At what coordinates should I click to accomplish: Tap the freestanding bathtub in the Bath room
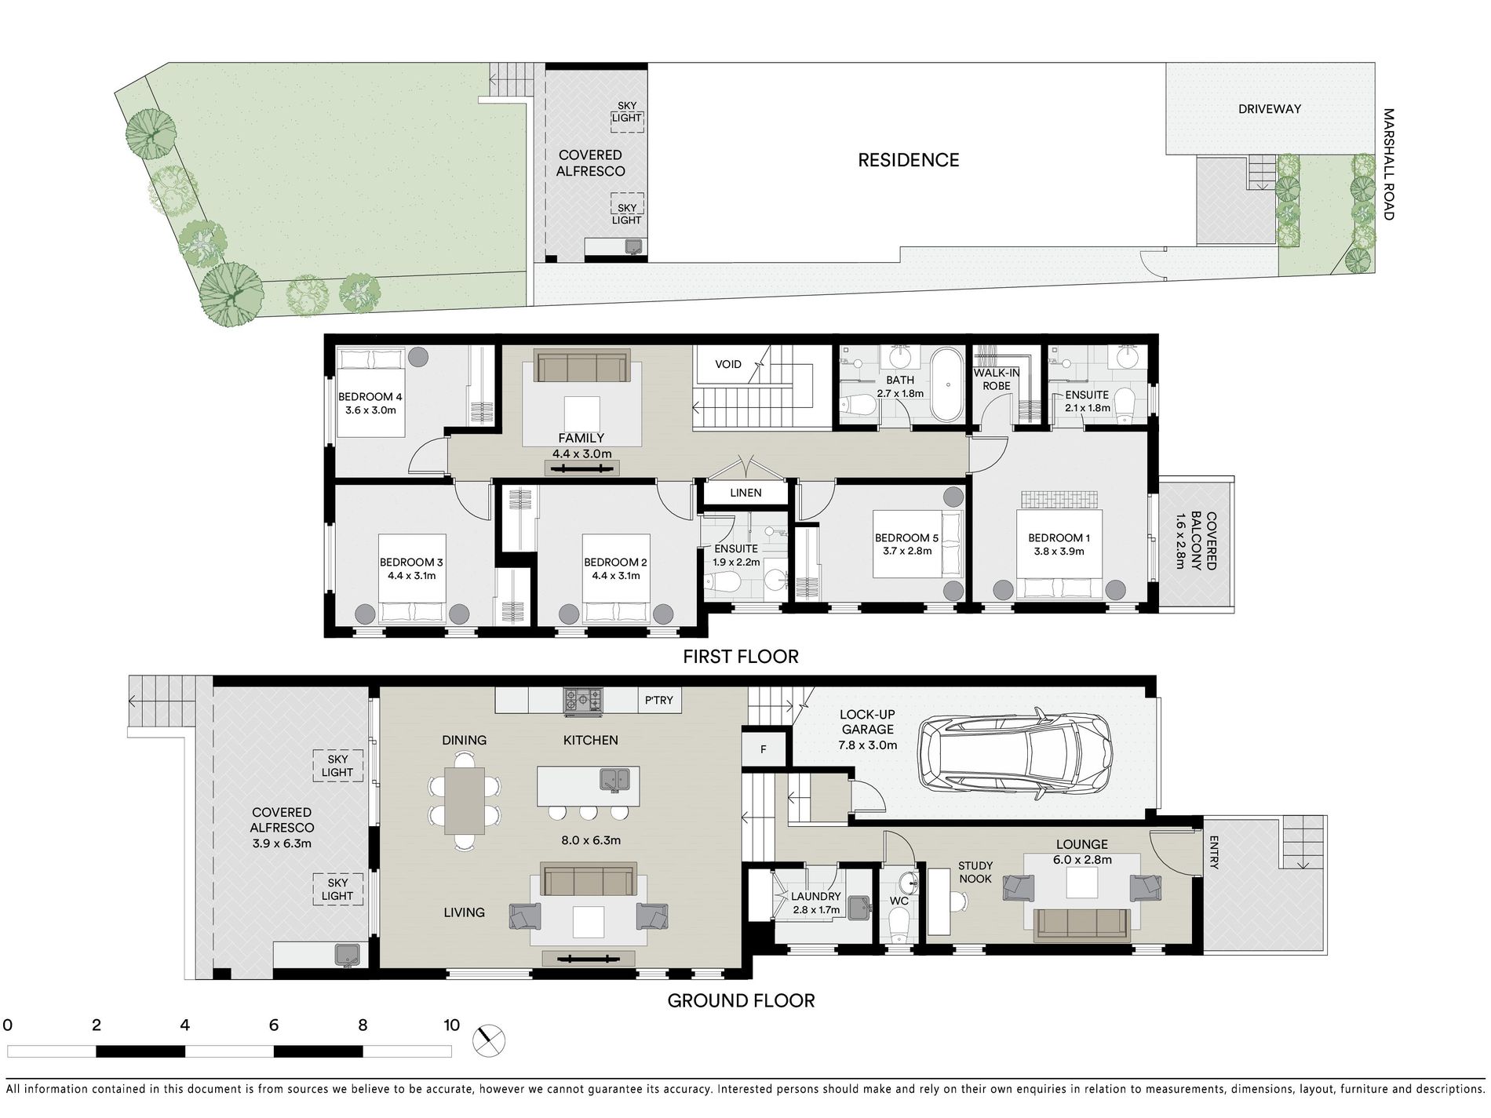[x=948, y=385]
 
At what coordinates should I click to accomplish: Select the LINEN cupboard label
[x=745, y=493]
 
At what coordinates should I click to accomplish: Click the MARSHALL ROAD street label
[x=1388, y=164]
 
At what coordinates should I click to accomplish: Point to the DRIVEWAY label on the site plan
[x=1270, y=109]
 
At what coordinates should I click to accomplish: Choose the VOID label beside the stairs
[x=728, y=364]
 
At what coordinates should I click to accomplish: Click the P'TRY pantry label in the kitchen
[x=659, y=700]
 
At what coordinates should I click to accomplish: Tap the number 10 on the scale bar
[x=451, y=1025]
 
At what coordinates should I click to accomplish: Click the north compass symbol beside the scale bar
[x=489, y=1040]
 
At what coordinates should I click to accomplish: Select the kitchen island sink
[x=615, y=780]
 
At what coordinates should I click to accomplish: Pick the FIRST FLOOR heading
[x=741, y=657]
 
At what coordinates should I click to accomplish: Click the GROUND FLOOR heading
[x=741, y=1000]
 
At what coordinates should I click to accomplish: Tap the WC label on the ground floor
[x=899, y=901]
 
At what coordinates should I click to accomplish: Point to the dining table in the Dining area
[x=465, y=800]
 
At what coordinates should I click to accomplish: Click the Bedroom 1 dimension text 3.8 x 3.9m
[x=1059, y=552]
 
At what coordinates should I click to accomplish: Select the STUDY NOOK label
[x=975, y=872]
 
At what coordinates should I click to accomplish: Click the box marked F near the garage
[x=763, y=750]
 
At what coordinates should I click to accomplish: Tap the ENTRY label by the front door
[x=1214, y=853]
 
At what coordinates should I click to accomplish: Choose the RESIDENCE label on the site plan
[x=908, y=160]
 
